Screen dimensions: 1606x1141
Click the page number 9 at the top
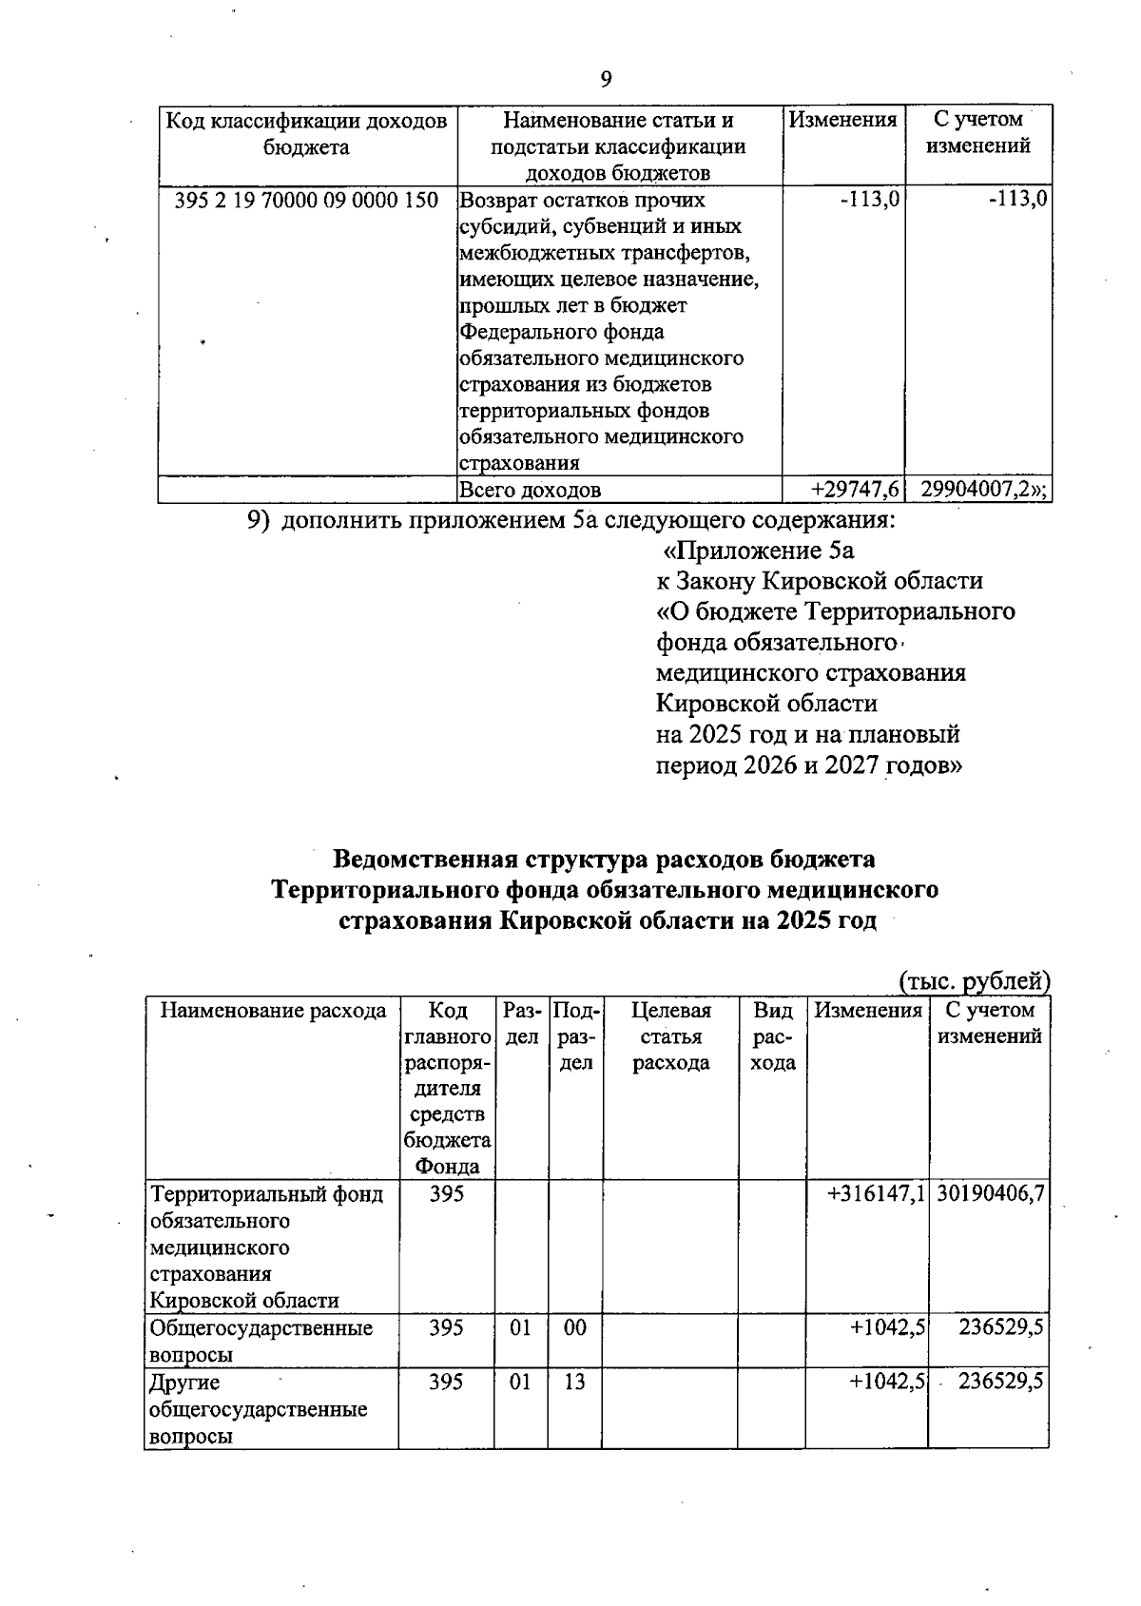(x=607, y=80)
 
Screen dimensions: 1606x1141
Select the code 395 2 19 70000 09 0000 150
(x=307, y=201)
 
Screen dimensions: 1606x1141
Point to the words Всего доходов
(x=531, y=491)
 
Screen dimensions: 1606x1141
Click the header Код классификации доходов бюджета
(x=306, y=134)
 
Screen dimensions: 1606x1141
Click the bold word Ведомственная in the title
(x=424, y=860)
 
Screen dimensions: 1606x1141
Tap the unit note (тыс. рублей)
(x=974, y=980)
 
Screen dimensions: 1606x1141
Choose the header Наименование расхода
(x=273, y=1011)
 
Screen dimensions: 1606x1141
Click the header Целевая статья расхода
(x=671, y=1036)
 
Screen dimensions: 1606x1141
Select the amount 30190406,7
(x=991, y=1194)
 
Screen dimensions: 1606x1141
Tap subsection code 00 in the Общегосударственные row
(x=574, y=1328)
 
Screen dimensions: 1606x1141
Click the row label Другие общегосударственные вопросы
(x=259, y=1409)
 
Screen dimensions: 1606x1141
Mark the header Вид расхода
(x=772, y=1036)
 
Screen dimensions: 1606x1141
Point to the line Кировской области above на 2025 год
(x=767, y=705)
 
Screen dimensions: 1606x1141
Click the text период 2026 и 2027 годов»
(x=808, y=766)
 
